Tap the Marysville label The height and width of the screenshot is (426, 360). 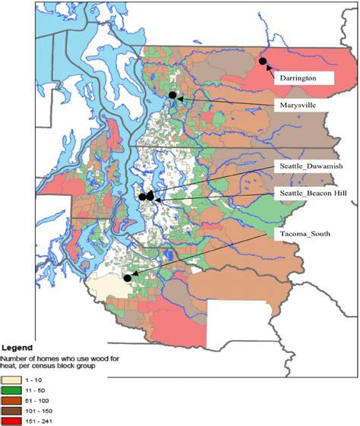[301, 106]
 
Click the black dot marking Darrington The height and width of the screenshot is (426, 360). [263, 61]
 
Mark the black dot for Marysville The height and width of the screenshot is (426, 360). [172, 95]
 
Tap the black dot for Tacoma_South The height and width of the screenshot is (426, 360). [128, 278]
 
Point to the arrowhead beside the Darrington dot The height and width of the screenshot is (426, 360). [268, 66]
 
